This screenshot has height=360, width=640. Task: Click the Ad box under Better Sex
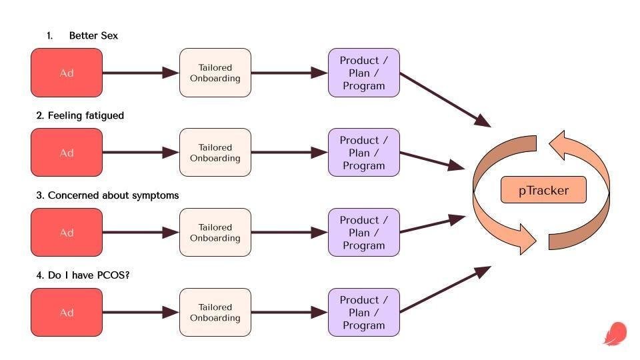[67, 73]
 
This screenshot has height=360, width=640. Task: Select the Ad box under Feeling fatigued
[67, 153]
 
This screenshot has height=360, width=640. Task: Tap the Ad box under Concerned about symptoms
[67, 233]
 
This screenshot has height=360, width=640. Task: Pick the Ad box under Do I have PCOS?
[67, 312]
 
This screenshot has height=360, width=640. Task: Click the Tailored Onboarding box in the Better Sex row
[215, 73]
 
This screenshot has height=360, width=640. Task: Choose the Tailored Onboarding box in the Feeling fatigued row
[215, 153]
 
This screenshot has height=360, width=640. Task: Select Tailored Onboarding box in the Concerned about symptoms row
[215, 233]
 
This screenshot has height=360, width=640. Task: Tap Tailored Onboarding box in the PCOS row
[215, 312]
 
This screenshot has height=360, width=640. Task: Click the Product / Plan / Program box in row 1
[364, 73]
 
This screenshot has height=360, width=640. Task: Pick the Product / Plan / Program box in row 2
[364, 153]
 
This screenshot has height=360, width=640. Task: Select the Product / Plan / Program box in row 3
[364, 233]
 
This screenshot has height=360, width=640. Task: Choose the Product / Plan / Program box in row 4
[364, 312]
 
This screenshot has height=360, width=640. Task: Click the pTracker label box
[543, 190]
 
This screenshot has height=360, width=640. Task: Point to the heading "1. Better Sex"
[83, 36]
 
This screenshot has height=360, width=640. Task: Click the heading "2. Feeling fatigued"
[80, 115]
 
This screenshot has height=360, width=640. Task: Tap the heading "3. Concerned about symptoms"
[107, 195]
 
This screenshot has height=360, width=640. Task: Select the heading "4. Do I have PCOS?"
[83, 275]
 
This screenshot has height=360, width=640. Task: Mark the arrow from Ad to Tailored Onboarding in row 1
[141, 73]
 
